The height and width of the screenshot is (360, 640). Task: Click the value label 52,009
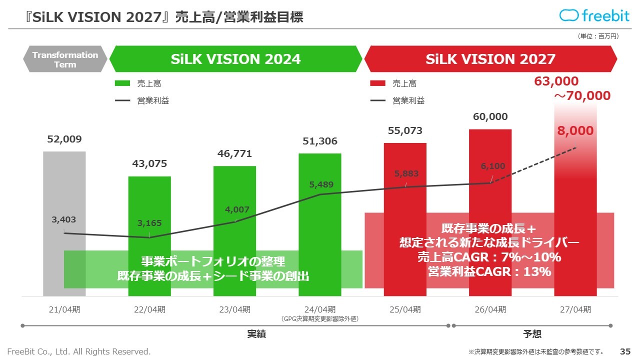tap(64, 139)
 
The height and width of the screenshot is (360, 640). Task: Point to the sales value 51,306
tap(320, 141)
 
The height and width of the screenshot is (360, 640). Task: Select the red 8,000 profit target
tap(575, 131)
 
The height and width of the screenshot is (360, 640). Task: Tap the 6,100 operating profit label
tap(493, 166)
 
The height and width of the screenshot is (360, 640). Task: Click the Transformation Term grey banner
tap(65, 59)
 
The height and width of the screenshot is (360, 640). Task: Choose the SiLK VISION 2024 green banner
tap(235, 59)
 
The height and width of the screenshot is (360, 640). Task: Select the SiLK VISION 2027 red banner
tap(490, 59)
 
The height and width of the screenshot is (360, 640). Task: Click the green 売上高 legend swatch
tap(122, 83)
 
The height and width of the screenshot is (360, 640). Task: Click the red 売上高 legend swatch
tap(377, 83)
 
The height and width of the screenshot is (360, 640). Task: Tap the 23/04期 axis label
tap(234, 309)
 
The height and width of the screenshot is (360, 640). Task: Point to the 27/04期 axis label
tap(575, 309)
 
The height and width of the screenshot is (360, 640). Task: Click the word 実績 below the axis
tap(256, 334)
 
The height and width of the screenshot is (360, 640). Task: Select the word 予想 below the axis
tap(532, 334)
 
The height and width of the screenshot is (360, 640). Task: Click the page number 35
tap(625, 351)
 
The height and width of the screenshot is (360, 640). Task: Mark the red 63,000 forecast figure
tap(556, 81)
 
